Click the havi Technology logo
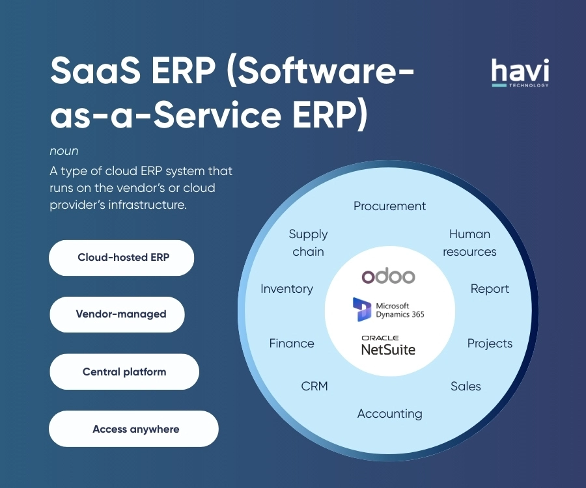click(520, 73)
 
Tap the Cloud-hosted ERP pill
click(122, 258)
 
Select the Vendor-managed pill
click(117, 314)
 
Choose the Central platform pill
click(124, 372)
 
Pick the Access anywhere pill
click(133, 429)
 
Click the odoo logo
click(388, 276)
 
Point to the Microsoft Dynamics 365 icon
click(362, 310)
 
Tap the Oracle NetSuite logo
click(388, 345)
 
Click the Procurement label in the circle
click(390, 206)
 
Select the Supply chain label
click(309, 243)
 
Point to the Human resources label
click(469, 243)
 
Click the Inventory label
click(286, 289)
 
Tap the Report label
click(490, 289)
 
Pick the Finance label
click(292, 343)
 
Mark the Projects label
click(490, 344)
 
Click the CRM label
click(314, 386)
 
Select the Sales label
click(466, 386)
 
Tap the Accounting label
click(390, 414)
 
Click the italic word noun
click(64, 151)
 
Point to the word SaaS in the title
click(96, 70)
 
